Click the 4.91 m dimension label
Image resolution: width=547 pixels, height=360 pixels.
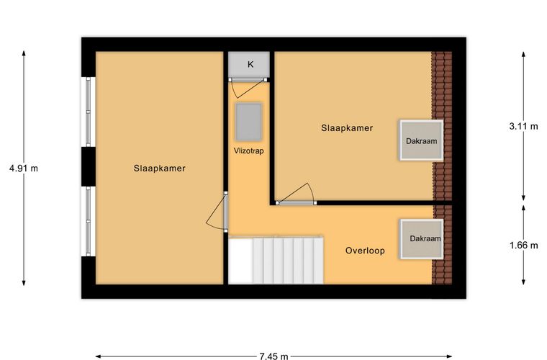pos(24,168)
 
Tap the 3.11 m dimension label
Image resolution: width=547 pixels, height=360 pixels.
pos(523,126)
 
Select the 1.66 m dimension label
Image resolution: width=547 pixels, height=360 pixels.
pos(524,246)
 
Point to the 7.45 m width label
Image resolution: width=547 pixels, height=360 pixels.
pos(273,356)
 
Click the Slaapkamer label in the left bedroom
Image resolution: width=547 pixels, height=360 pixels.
pos(160,168)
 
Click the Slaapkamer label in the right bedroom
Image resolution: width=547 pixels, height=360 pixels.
pos(347,128)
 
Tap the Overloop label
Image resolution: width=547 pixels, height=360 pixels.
pos(365,251)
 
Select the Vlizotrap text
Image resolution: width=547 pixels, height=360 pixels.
pos(249,150)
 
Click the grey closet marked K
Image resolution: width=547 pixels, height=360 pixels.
pos(249,64)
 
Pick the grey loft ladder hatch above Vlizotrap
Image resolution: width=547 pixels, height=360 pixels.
pos(249,122)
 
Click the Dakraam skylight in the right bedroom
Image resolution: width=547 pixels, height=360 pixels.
pos(422,140)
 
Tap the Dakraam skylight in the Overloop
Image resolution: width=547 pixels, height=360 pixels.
pos(422,239)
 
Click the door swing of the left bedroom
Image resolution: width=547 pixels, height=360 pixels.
pos(217,212)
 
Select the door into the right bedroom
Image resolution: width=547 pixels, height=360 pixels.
pos(297,194)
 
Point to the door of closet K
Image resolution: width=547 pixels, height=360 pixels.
pos(248,88)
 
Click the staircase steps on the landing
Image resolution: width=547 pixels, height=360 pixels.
pos(288,261)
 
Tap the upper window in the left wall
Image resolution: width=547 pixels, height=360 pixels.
pos(89,112)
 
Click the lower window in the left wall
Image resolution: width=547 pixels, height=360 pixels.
pos(89,221)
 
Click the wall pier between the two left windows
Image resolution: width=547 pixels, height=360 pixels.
pos(89,167)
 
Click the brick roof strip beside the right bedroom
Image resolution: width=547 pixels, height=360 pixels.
pos(442,125)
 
